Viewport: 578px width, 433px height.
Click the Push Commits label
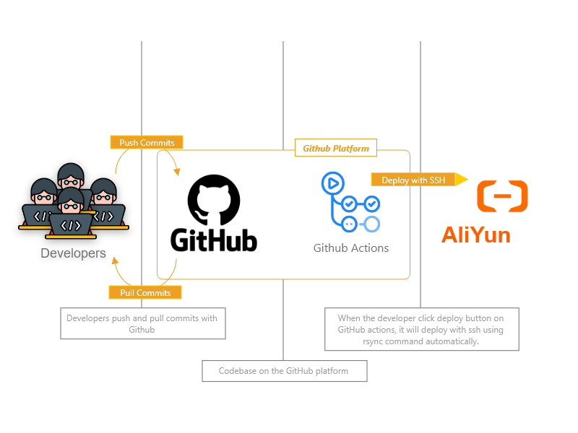coord(147,142)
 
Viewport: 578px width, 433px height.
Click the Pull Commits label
coord(145,292)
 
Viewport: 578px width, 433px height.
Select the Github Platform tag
coord(336,148)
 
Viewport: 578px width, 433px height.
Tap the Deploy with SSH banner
coord(413,180)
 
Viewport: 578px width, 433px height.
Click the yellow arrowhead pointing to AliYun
coord(462,179)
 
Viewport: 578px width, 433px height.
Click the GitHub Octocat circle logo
coord(213,197)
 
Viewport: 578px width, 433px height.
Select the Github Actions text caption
coord(351,248)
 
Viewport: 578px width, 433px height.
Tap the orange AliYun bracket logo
coord(503,196)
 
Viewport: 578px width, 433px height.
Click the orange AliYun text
coord(476,235)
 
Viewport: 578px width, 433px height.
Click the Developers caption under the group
coord(73,253)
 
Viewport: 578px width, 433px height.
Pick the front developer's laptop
coord(70,226)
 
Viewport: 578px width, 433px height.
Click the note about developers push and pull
coord(142,323)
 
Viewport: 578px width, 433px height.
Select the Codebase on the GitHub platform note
coord(284,371)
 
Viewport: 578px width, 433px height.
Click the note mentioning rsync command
coord(421,329)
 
